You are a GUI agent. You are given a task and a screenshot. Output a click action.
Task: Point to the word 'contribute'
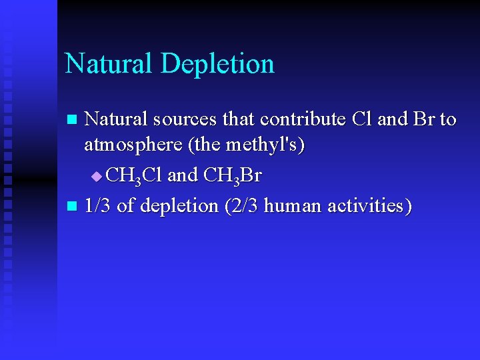pyautogui.click(x=299, y=120)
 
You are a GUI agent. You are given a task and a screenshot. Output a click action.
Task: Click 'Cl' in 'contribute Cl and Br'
pyautogui.click(x=360, y=120)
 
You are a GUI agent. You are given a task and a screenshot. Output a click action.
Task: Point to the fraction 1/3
pyautogui.click(x=98, y=206)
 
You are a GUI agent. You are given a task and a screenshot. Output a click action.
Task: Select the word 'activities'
pyautogui.click(x=367, y=206)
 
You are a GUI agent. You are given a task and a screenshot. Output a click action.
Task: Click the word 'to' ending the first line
pyautogui.click(x=448, y=120)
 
